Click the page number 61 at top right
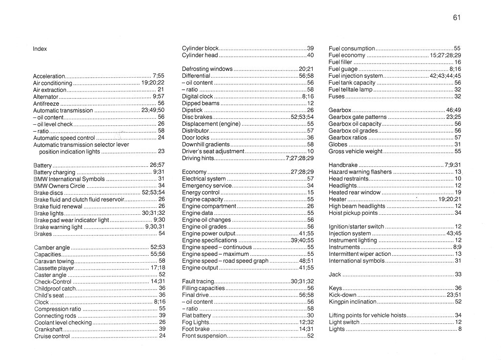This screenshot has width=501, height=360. click(457, 18)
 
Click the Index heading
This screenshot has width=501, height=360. click(40, 49)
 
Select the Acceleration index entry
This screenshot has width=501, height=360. click(49, 76)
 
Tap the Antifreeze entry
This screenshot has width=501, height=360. click(46, 104)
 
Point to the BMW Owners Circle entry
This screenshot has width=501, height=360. click(59, 186)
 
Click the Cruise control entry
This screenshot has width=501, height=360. click(52, 337)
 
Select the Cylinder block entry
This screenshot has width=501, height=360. click(200, 48)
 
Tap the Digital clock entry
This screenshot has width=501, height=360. click(198, 97)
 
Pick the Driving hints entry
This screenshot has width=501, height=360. click(198, 158)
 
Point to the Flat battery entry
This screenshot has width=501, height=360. click(197, 315)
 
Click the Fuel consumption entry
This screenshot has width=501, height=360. click(352, 48)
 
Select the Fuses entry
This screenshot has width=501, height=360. click(337, 97)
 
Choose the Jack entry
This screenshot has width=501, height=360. click(335, 274)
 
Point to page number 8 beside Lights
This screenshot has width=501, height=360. click(460, 329)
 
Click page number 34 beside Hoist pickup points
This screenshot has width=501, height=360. click(458, 213)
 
